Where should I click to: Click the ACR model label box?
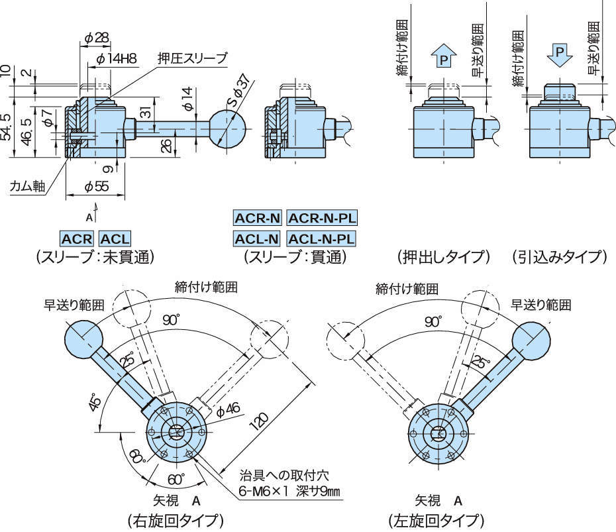77,239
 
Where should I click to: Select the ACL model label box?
115,239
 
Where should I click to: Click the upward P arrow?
444,58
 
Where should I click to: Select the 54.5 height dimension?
7,126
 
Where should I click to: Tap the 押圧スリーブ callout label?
192,58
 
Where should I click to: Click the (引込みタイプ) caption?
559,256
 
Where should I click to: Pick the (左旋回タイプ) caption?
436,519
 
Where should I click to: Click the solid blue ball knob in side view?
229,128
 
